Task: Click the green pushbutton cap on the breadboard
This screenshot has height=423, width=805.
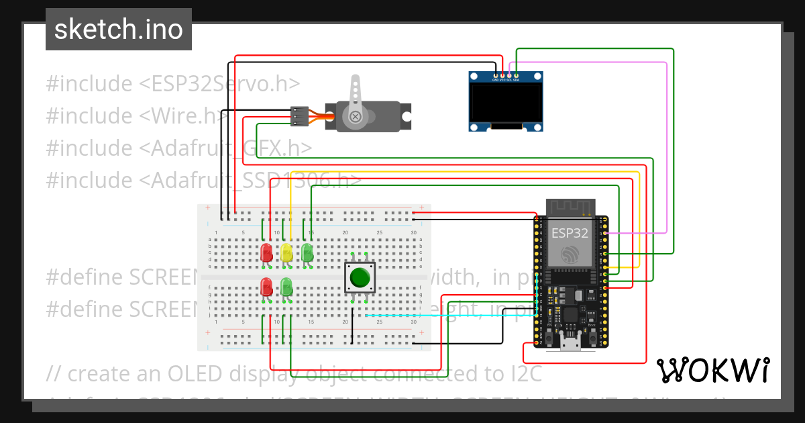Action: [360, 277]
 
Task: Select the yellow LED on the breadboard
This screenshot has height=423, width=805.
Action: [286, 253]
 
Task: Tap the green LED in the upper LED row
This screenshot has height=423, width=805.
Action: [307, 253]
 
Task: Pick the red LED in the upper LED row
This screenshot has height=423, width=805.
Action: [266, 253]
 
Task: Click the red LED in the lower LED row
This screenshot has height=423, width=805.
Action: [266, 288]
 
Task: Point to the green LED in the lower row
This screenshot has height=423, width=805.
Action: [286, 288]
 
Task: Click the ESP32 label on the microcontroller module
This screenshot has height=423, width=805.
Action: [570, 233]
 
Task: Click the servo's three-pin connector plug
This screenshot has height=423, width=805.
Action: [299, 116]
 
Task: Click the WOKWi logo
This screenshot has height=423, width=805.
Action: [712, 370]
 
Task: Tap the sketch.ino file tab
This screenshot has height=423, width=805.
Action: [119, 30]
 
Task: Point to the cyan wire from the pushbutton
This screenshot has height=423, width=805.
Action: [436, 315]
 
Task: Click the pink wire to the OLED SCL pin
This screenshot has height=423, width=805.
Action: [665, 148]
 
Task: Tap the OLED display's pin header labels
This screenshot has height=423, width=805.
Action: [505, 80]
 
